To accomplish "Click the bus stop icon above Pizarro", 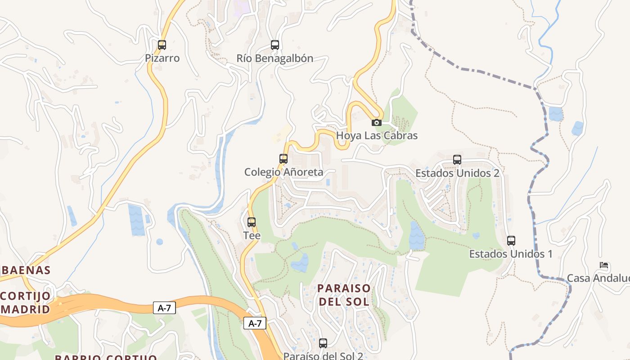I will tap(162, 45).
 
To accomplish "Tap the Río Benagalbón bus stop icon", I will tap(275, 45).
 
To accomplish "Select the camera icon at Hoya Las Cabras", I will tap(377, 122).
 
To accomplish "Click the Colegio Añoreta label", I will tap(283, 172).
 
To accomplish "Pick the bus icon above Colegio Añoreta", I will tap(283, 159).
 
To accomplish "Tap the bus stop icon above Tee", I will tap(252, 222).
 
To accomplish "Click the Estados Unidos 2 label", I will tap(457, 173).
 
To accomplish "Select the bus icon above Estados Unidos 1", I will tap(511, 241).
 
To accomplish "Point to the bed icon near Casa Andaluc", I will tap(604, 265).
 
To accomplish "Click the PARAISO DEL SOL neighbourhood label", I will tap(344, 295).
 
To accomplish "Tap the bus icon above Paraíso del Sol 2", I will tap(323, 343).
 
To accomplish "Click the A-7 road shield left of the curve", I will tap(164, 308).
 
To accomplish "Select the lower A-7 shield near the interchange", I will tap(255, 323).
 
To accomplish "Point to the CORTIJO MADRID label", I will tap(26, 303).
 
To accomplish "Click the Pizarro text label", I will tap(162, 58).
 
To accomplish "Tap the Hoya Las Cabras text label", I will tap(377, 135).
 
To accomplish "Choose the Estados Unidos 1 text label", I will tap(511, 254).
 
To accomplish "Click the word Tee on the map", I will tap(252, 235).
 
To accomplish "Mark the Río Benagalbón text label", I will tap(275, 58).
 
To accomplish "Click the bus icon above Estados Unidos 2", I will tap(457, 160).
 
